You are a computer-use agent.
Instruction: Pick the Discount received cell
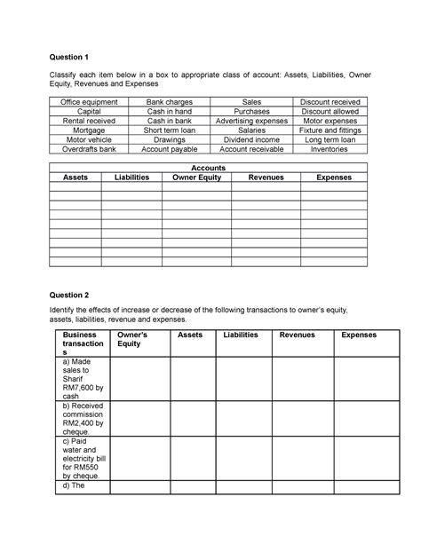330,103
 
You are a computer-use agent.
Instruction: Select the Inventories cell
330,149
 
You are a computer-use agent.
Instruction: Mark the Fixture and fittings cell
330,130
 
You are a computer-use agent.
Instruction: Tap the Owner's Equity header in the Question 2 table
134,339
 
